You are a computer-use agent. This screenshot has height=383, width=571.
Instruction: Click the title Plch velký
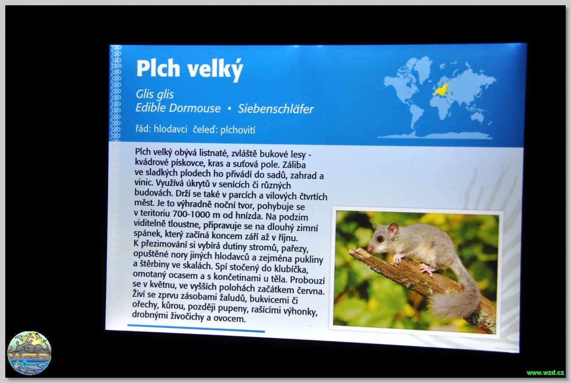pyautogui.click(x=190, y=69)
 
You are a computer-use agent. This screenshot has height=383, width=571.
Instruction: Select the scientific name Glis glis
pyautogui.click(x=155, y=94)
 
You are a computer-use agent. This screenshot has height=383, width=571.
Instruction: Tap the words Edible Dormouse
pyautogui.click(x=178, y=108)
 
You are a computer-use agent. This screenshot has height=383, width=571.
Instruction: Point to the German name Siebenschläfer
pyautogui.click(x=275, y=109)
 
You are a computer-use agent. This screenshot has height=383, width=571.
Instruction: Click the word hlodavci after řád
pyautogui.click(x=170, y=129)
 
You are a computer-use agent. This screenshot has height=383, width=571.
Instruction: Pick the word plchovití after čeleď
pyautogui.click(x=238, y=130)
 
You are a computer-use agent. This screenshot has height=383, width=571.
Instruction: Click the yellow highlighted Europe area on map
pyautogui.click(x=442, y=89)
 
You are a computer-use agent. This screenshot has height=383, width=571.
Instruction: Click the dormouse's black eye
pyautogui.click(x=380, y=239)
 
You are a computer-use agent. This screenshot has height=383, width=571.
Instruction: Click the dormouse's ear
pyautogui.click(x=393, y=228)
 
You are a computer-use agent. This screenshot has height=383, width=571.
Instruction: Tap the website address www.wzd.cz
pyautogui.click(x=545, y=373)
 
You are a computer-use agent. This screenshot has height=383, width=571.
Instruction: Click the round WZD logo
pyautogui.click(x=29, y=353)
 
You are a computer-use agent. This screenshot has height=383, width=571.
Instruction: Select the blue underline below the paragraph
pyautogui.click(x=196, y=328)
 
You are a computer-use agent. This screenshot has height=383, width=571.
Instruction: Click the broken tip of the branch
pyautogui.click(x=352, y=252)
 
